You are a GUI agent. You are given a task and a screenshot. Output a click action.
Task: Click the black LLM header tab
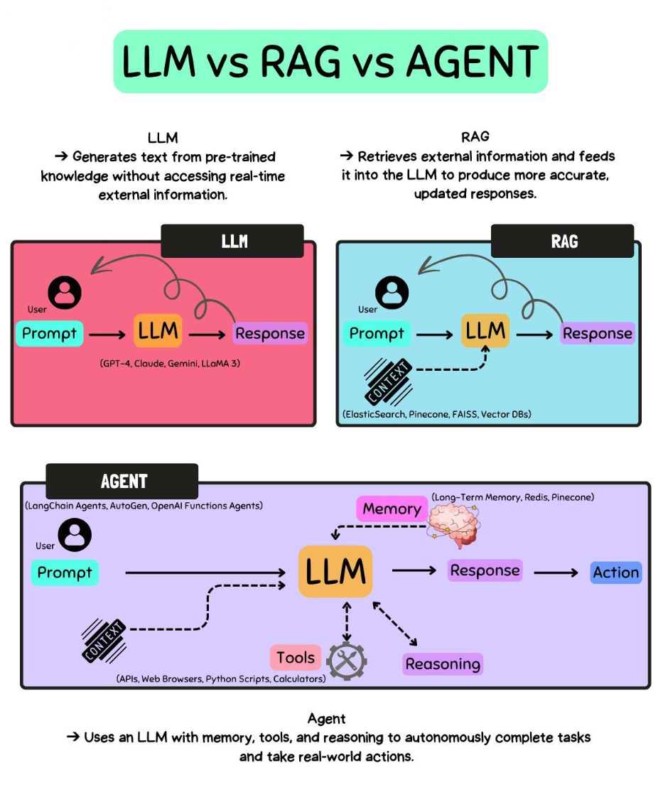click(x=232, y=242)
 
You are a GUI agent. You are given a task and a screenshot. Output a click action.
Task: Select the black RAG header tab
click(x=562, y=242)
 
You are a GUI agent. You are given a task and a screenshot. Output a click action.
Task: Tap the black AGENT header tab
click(x=122, y=481)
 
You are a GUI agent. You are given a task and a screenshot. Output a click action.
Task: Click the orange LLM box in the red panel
click(x=158, y=330)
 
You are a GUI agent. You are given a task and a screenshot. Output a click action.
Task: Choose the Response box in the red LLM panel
click(x=270, y=333)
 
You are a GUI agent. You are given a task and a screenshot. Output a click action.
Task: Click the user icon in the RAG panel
click(x=392, y=292)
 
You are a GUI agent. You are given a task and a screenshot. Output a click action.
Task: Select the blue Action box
click(x=616, y=573)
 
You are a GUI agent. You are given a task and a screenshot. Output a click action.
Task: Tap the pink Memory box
click(x=392, y=509)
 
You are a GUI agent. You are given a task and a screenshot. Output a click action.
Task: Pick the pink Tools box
click(x=296, y=658)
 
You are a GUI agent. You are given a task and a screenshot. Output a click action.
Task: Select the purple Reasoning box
click(x=443, y=664)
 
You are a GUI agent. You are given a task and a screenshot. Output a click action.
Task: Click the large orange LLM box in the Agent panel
click(x=335, y=571)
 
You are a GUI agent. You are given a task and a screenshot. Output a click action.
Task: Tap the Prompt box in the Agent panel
click(x=65, y=573)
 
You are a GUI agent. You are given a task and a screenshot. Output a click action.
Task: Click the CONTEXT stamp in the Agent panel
click(x=104, y=640)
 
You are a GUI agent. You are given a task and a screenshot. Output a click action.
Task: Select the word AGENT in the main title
click(x=472, y=62)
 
